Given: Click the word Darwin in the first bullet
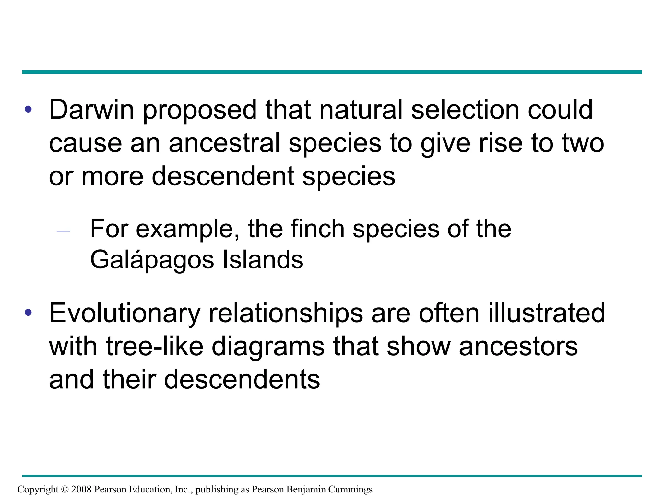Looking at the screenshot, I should (x=91, y=110).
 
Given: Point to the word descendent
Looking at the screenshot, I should (x=223, y=176).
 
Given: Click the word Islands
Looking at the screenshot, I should (x=263, y=260).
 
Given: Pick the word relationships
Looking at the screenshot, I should (x=286, y=314).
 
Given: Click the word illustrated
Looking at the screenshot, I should (x=547, y=313).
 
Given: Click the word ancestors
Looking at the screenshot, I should (x=518, y=347).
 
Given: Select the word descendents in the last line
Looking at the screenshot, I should (x=242, y=380).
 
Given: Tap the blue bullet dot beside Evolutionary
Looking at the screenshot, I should (x=29, y=313).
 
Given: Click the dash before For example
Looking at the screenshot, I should (x=63, y=231).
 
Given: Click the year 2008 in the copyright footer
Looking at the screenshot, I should (x=81, y=489).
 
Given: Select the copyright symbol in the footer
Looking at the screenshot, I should (x=65, y=489).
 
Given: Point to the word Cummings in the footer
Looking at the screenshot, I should (x=350, y=490).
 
